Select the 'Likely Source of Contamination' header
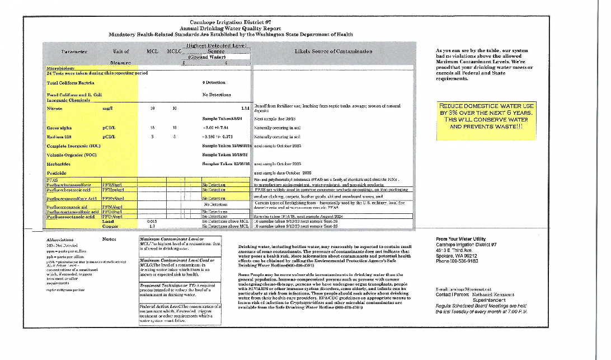[x=333, y=52]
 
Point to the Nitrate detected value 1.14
[x=245, y=107]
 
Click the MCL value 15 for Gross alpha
[x=152, y=128]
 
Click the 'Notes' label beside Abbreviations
[x=110, y=239]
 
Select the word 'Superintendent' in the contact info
[x=487, y=300]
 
